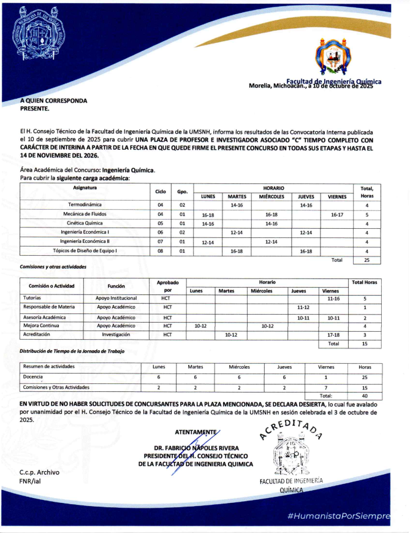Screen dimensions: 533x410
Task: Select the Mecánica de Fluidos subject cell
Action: pyautogui.click(x=85, y=214)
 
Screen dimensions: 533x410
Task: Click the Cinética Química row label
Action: pyautogui.click(x=85, y=223)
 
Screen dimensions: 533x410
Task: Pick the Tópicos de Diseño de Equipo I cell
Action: pyautogui.click(x=85, y=251)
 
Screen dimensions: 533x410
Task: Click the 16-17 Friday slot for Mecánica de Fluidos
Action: pyautogui.click(x=336, y=214)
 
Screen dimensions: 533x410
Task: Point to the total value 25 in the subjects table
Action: pyautogui.click(x=366, y=260)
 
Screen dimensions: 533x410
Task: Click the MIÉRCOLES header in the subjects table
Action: pyautogui.click(x=271, y=196)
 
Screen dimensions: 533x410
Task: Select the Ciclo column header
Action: pyautogui.click(x=161, y=191)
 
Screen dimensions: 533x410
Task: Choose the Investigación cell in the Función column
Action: pyautogui.click(x=116, y=334)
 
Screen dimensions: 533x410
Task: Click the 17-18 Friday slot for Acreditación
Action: pyautogui.click(x=333, y=334)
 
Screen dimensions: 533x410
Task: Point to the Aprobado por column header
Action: pyautogui.click(x=167, y=286)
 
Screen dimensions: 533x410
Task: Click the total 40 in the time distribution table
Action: pyautogui.click(x=365, y=396)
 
